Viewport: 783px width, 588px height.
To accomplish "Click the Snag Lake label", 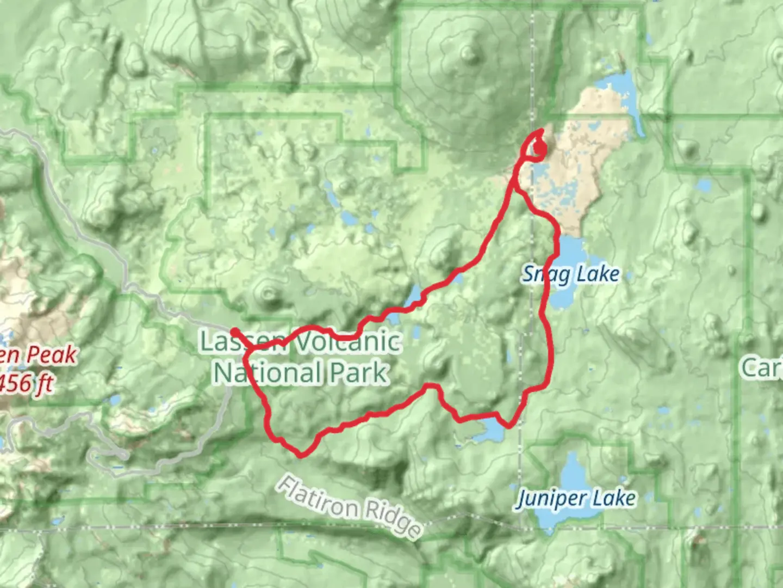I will [570, 274].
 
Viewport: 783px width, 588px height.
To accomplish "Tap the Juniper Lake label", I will [576, 499].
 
